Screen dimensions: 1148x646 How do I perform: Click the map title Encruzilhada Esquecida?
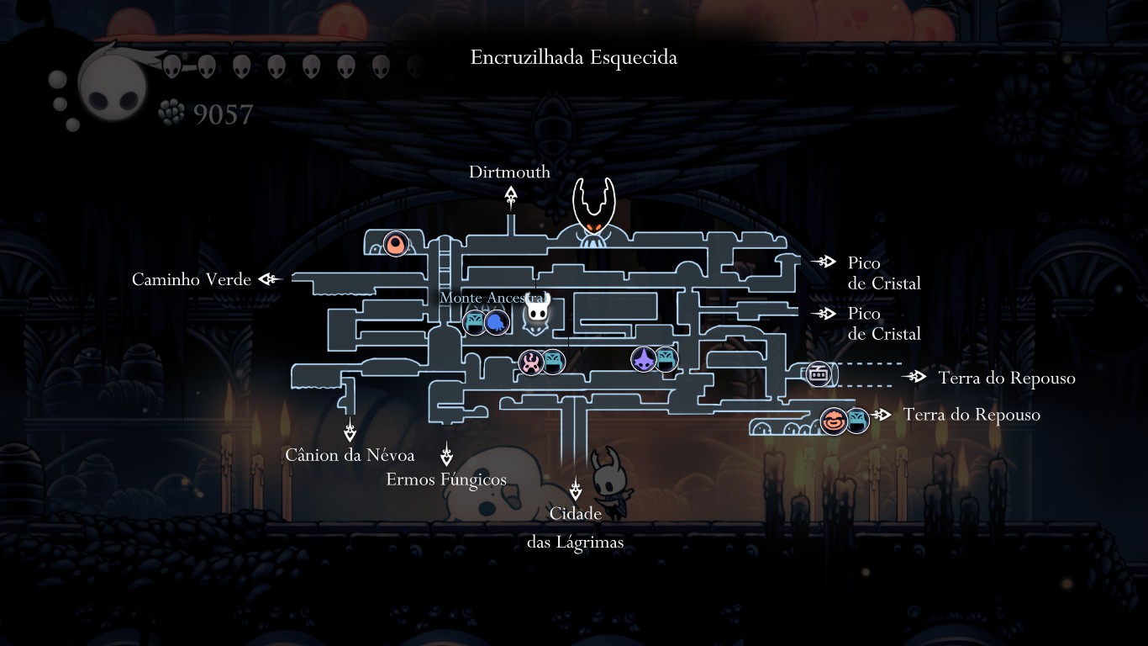tap(574, 58)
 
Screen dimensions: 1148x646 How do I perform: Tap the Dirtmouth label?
tap(509, 172)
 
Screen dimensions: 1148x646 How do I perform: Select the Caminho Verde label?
tap(192, 280)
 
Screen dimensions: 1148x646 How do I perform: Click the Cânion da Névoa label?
tap(350, 456)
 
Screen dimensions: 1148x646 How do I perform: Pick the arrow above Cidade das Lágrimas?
tap(576, 490)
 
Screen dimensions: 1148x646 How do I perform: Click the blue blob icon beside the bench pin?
tap(497, 321)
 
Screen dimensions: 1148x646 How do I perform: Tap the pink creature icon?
tap(530, 363)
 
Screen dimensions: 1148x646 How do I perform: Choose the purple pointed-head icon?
tap(644, 360)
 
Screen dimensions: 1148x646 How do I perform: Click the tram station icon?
tap(819, 373)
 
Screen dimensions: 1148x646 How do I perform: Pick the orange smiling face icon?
tap(834, 420)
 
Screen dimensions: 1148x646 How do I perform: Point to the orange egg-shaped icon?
tap(395, 245)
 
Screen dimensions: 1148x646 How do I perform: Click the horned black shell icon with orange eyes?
tap(593, 211)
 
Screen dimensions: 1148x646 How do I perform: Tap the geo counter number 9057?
tap(223, 114)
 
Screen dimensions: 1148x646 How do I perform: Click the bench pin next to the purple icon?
tap(666, 359)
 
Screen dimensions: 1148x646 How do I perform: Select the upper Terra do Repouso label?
tap(1007, 379)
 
